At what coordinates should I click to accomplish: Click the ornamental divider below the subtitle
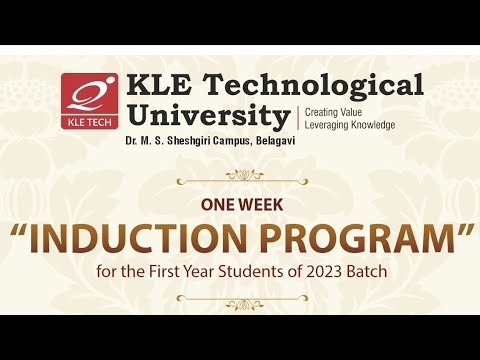tap(240, 297)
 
